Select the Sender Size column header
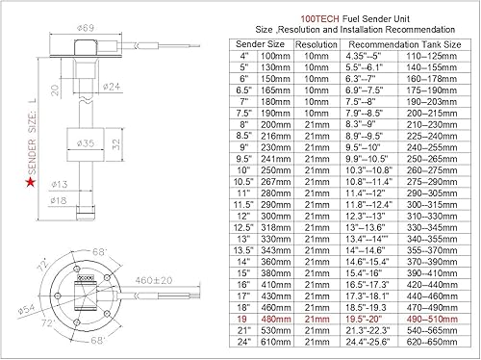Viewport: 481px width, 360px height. (x=260, y=44)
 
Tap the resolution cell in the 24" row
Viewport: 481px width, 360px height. (x=316, y=341)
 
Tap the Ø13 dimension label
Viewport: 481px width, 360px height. (x=58, y=183)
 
